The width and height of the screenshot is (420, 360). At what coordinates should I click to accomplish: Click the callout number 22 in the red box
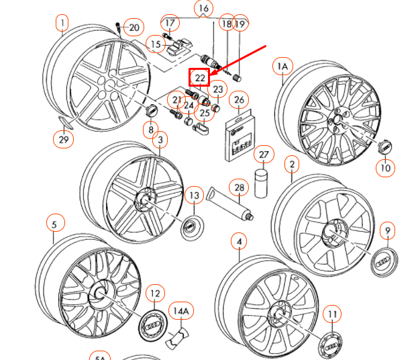pyautogui.click(x=201, y=79)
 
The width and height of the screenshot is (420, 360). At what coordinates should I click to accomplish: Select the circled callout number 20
pyautogui.click(x=134, y=27)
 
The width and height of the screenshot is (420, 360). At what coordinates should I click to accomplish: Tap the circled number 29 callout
pyautogui.click(x=62, y=139)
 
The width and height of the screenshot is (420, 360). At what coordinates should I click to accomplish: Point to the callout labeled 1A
pyautogui.click(x=282, y=66)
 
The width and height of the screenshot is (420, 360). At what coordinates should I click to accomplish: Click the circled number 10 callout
pyautogui.click(x=385, y=167)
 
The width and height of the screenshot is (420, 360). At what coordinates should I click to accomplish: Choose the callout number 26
pyautogui.click(x=238, y=101)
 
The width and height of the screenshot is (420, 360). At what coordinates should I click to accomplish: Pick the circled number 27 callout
pyautogui.click(x=264, y=155)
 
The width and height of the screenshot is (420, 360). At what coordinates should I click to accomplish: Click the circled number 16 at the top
pyautogui.click(x=203, y=9)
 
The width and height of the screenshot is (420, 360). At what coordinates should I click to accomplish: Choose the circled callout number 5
pyautogui.click(x=54, y=223)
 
